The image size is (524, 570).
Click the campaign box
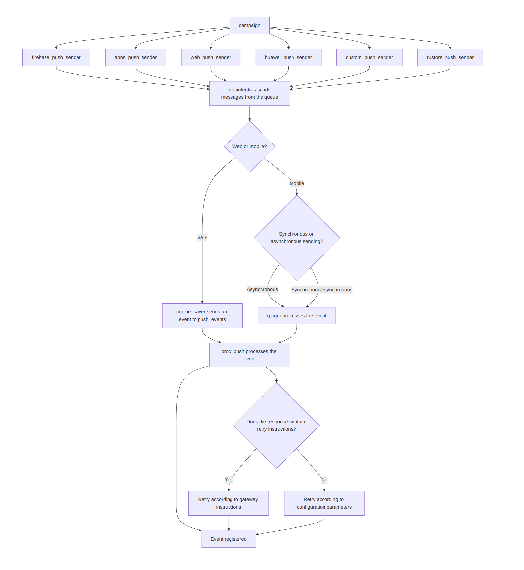249,25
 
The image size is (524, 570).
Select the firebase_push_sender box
56,57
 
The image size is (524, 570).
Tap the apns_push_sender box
136,57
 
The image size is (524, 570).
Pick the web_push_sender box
210,57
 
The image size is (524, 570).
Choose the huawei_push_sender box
288,57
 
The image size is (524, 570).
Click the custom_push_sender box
369,57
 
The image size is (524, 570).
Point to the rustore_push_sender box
450,57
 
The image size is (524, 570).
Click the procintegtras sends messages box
249,93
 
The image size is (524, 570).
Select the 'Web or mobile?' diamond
250,146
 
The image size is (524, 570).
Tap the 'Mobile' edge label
297,183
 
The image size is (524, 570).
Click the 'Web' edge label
202,238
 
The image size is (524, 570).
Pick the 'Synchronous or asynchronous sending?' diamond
297,238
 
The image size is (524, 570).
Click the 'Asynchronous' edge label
262,289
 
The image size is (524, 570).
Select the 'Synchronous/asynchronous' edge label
322,290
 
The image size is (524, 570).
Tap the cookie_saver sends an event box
202,315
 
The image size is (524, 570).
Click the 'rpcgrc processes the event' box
297,316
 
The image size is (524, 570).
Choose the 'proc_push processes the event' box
249,355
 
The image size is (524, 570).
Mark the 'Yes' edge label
229,480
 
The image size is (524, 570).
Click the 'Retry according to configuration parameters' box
324,503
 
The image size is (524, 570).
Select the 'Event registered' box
229,539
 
